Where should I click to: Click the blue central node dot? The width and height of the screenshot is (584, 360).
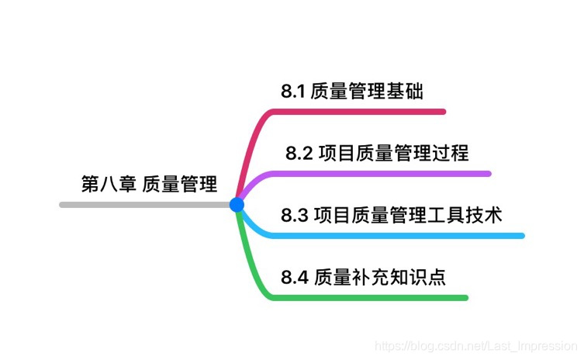(237, 205)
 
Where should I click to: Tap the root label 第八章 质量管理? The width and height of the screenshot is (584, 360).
(149, 184)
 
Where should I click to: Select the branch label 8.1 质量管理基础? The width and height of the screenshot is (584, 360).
(352, 92)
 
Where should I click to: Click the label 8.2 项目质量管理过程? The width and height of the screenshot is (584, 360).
(377, 153)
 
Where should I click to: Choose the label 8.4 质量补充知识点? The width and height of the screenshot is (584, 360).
(363, 277)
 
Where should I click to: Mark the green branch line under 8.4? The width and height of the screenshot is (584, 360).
(372, 297)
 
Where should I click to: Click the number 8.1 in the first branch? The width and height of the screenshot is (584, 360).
(293, 92)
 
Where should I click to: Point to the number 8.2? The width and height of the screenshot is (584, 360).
(299, 153)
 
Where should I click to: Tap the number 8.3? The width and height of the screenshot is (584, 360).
(294, 215)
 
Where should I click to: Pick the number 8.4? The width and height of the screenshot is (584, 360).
(295, 277)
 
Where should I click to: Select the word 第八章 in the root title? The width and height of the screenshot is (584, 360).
(109, 184)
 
